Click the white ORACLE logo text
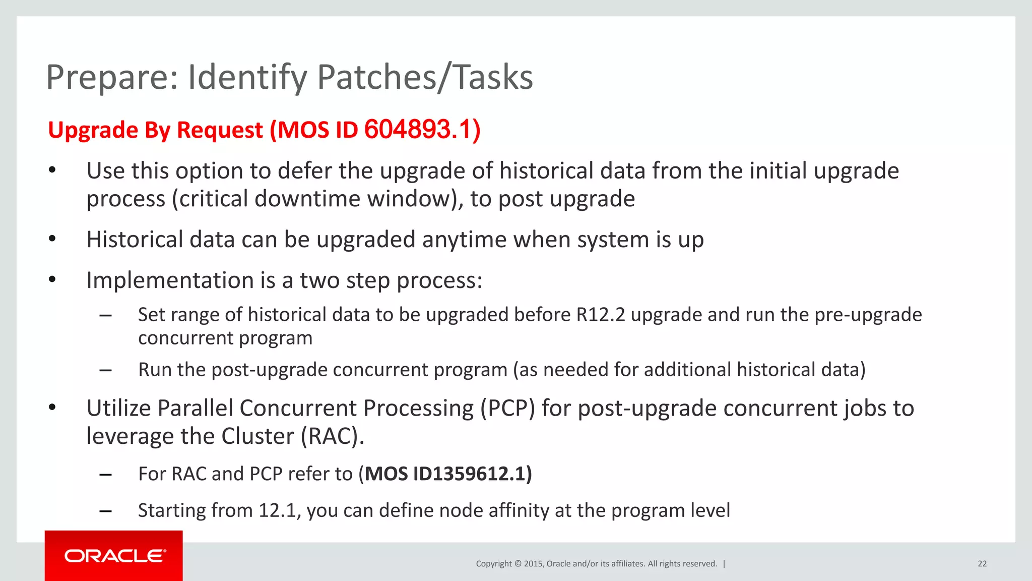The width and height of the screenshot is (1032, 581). click(x=115, y=556)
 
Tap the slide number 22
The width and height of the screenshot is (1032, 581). click(x=982, y=564)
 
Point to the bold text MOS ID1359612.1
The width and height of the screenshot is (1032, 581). click(x=448, y=474)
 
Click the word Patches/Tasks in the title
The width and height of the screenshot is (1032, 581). click(x=425, y=78)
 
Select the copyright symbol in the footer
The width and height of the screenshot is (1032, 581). click(x=518, y=564)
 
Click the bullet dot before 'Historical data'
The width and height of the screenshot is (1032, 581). click(x=52, y=239)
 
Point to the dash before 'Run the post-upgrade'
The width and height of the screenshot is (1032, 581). click(x=105, y=370)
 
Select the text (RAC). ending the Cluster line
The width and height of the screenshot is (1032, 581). click(x=333, y=436)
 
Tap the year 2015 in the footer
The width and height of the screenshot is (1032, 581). click(x=533, y=564)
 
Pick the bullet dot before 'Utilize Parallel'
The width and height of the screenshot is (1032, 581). click(x=52, y=408)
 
